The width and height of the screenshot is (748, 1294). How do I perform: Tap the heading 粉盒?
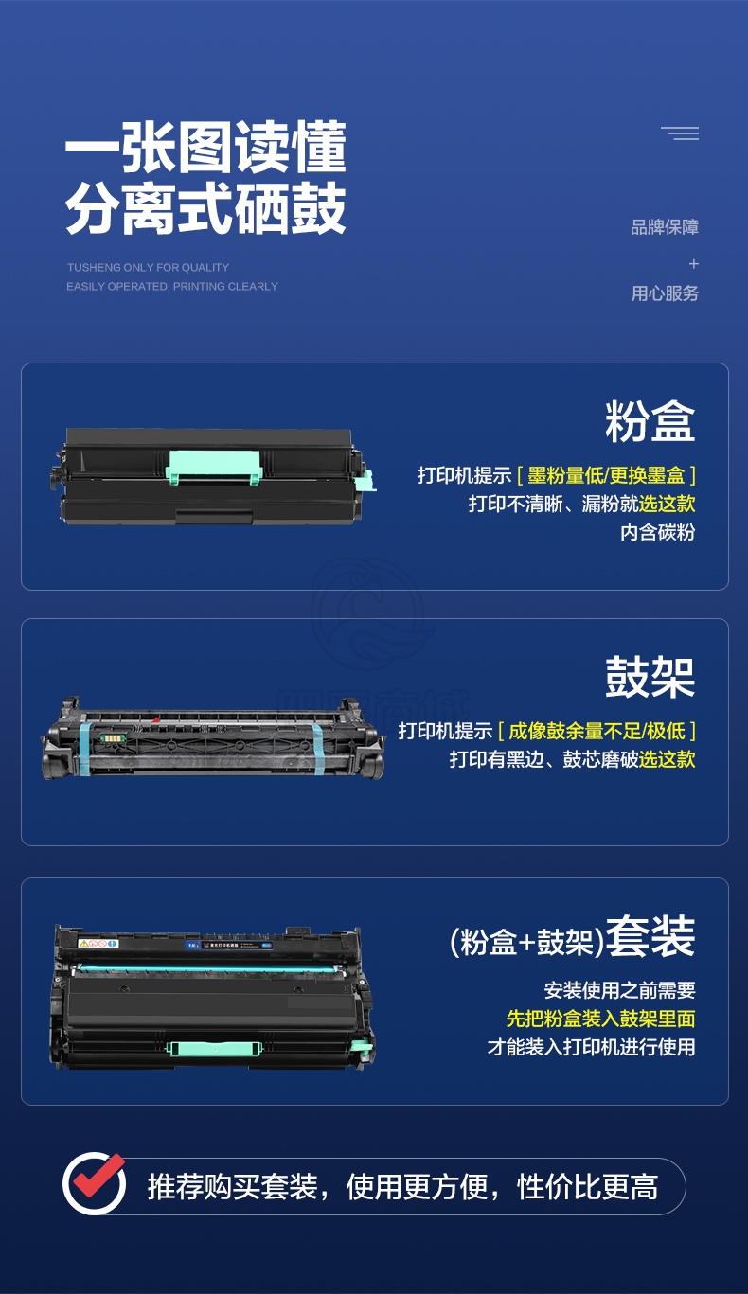click(650, 421)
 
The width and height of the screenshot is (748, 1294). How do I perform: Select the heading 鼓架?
click(650, 677)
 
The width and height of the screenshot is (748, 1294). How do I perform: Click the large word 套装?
click(650, 935)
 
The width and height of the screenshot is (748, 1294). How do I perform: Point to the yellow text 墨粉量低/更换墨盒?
click(606, 475)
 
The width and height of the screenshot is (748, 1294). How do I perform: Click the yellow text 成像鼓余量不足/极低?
click(597, 731)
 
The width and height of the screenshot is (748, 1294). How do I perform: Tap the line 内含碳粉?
click(657, 532)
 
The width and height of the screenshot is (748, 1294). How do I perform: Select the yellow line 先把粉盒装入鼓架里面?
click(600, 1019)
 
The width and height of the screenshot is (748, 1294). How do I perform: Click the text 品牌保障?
click(665, 227)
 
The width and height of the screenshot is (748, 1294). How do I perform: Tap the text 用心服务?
click(665, 293)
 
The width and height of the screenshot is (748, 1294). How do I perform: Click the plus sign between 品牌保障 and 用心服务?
click(694, 264)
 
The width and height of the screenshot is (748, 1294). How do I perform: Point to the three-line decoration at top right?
click(680, 133)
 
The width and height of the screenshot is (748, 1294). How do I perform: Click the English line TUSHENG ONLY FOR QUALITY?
click(148, 268)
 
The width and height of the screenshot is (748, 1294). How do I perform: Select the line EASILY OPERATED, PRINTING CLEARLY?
click(172, 287)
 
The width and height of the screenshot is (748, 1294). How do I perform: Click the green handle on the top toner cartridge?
click(214, 467)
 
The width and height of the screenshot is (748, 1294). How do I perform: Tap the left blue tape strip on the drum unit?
click(84, 748)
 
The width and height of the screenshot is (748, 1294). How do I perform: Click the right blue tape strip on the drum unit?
click(318, 749)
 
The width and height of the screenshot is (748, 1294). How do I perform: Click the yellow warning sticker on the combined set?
click(84, 944)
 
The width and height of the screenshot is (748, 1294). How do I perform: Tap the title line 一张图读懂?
click(205, 148)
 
